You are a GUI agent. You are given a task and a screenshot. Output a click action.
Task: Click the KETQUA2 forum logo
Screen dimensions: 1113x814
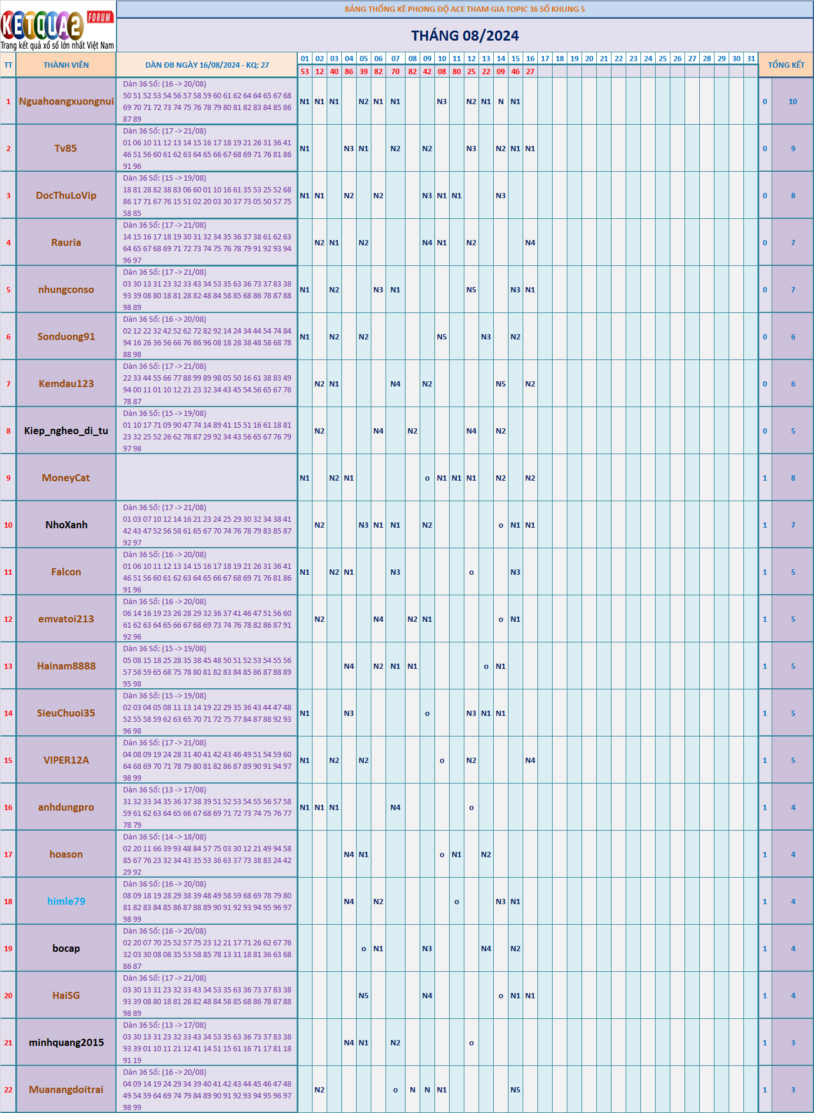pyautogui.click(x=58, y=27)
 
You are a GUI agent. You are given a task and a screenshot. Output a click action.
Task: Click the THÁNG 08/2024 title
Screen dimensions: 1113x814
pyautogui.click(x=464, y=36)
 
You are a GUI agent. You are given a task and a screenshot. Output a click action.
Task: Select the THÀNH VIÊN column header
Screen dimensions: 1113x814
pyautogui.click(x=66, y=65)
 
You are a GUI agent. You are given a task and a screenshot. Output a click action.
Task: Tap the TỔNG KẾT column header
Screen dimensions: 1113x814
pyautogui.click(x=785, y=65)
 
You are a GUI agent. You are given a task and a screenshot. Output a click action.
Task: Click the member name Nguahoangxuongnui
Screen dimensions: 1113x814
pyautogui.click(x=66, y=101)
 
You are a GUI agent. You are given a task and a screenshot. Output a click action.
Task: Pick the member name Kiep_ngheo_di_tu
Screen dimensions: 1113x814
pyautogui.click(x=66, y=431)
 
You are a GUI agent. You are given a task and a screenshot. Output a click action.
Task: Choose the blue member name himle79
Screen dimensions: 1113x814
pyautogui.click(x=66, y=901)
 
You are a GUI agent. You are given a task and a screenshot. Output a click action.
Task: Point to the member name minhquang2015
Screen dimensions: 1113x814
pyautogui.click(x=66, y=1042)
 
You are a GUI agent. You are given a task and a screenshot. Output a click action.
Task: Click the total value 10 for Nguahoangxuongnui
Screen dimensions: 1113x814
pyautogui.click(x=792, y=101)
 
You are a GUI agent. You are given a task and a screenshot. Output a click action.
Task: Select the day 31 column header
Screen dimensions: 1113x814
pyautogui.click(x=750, y=58)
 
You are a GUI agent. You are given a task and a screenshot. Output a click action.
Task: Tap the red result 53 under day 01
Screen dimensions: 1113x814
pyautogui.click(x=304, y=71)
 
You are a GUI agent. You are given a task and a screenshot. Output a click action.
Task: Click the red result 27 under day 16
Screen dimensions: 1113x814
pyautogui.click(x=530, y=71)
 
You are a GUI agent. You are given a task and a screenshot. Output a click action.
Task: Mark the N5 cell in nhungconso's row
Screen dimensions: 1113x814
pyautogui.click(x=471, y=289)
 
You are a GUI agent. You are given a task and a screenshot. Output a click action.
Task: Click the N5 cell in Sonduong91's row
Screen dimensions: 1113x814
pyautogui.click(x=441, y=336)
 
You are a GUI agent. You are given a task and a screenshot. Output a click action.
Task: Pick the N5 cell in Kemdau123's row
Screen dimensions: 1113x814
pyautogui.click(x=500, y=384)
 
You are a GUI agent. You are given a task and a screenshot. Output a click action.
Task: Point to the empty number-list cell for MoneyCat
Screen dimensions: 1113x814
pyautogui.click(x=207, y=478)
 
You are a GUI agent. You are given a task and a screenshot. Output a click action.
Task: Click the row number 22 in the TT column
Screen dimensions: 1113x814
pyautogui.click(x=8, y=1089)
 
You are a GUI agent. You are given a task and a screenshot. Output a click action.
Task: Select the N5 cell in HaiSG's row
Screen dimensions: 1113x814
pyautogui.click(x=363, y=995)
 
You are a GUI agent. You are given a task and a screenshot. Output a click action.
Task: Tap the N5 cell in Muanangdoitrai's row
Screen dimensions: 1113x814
pyautogui.click(x=515, y=1089)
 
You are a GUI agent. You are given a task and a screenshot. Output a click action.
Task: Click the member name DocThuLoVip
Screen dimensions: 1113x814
pyautogui.click(x=66, y=195)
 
